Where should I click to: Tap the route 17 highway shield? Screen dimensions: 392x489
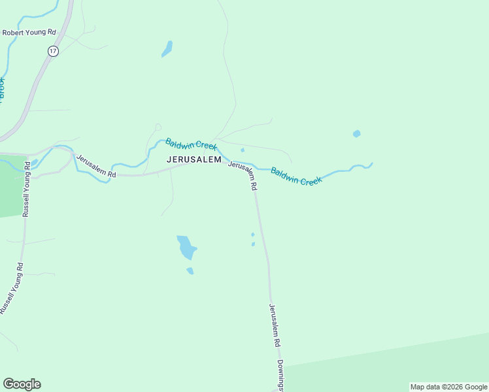click(53, 51)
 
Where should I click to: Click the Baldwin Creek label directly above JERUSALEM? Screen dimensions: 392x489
click(191, 144)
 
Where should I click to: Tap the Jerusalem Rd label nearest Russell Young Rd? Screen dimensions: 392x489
click(95, 167)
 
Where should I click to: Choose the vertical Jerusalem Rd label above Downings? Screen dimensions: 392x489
click(275, 325)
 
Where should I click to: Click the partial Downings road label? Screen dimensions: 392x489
click(280, 375)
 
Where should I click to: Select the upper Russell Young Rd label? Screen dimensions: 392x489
click(27, 189)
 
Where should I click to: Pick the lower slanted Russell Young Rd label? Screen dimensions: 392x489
click(12, 288)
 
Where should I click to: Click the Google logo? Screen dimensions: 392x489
click(22, 384)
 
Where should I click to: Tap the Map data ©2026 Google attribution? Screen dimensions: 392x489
click(448, 387)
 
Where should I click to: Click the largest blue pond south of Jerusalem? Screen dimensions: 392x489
click(186, 247)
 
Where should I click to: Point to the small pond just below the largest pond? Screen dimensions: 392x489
click(190, 270)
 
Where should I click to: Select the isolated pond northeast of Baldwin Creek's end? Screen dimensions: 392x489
click(356, 134)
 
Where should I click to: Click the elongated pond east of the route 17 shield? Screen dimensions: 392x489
click(167, 49)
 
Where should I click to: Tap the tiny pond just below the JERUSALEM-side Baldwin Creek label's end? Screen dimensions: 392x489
click(243, 150)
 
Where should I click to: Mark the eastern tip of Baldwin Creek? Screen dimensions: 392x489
click(371, 164)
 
